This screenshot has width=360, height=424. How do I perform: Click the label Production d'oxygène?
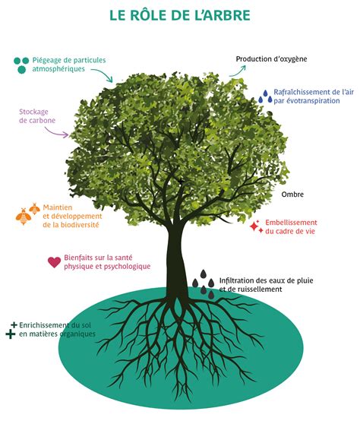[x=271, y=59]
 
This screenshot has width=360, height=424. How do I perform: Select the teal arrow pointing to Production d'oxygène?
[x=238, y=71]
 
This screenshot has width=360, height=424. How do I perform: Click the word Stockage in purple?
[x=33, y=112]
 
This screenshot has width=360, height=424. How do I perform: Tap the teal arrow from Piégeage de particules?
[x=103, y=74]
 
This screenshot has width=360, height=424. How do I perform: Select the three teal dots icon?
[x=21, y=65]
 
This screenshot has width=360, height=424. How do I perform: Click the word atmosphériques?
[x=58, y=69]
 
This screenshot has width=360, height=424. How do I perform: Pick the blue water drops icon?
[x=265, y=97]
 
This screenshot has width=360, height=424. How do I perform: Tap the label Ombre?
[x=292, y=195]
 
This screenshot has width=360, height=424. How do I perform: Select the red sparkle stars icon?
[x=256, y=226]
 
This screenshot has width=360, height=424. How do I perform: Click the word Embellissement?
[x=291, y=223]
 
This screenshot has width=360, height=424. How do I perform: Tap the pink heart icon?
[x=55, y=262]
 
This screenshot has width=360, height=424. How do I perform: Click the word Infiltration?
[x=236, y=280]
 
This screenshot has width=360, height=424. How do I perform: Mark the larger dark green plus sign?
[x=11, y=334]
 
